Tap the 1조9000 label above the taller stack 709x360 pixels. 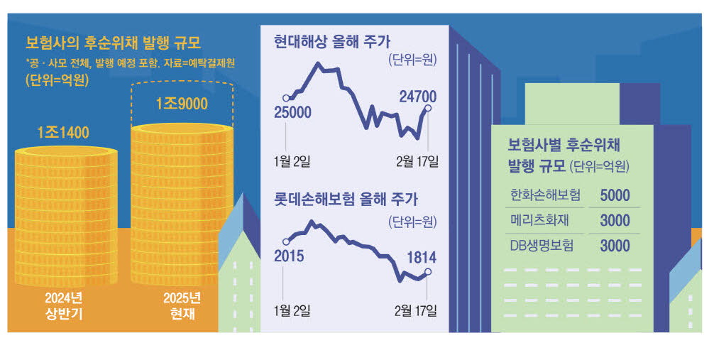pyautogui.click(x=182, y=104)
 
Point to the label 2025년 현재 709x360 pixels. pyautogui.click(x=182, y=305)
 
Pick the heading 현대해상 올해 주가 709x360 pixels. pyautogui.click(x=332, y=40)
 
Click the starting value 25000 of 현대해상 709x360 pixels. pyautogui.click(x=292, y=112)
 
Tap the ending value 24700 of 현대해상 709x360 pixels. pyautogui.click(x=417, y=97)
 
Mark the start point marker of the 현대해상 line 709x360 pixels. pyautogui.click(x=286, y=98)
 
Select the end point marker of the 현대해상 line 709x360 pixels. pyautogui.click(x=429, y=108)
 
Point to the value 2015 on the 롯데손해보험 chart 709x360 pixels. pyautogui.click(x=289, y=256)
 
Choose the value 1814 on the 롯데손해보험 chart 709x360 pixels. pyautogui.click(x=420, y=258)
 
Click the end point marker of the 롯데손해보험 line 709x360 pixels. pyautogui.click(x=428, y=271)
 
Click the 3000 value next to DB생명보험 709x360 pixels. pyautogui.click(x=615, y=246)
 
